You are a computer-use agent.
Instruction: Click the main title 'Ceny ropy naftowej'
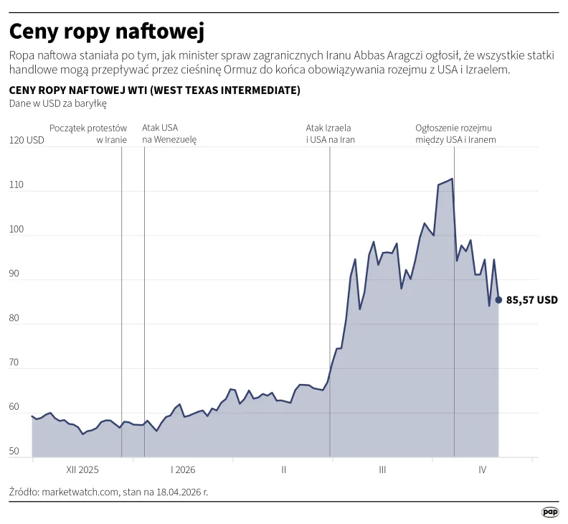tap(107, 32)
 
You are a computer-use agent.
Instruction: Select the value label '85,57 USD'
tap(531, 300)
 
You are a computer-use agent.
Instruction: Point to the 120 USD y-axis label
tap(26, 141)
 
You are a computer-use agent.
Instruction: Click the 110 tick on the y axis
tap(16, 185)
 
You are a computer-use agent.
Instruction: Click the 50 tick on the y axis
tap(16, 452)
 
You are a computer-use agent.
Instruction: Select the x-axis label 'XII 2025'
tap(82, 470)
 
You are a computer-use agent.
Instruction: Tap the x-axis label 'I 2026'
tap(183, 470)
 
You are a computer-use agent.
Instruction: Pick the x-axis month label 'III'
tap(382, 470)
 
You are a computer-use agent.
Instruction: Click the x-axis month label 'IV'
tap(483, 470)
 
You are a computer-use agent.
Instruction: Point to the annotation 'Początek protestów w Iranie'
tap(88, 134)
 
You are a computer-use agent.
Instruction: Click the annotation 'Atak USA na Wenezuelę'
tap(169, 134)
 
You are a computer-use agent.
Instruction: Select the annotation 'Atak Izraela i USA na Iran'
tap(331, 134)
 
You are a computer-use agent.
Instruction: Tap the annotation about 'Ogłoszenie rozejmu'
tap(455, 134)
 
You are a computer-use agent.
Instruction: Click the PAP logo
tap(549, 512)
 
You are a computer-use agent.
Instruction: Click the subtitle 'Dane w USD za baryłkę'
tap(57, 104)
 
